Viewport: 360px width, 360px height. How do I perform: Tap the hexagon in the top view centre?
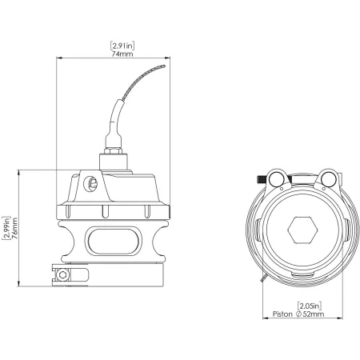coord(302,230)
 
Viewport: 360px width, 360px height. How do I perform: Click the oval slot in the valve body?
coord(113,238)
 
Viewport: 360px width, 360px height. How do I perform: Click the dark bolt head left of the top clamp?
coord(261,178)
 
